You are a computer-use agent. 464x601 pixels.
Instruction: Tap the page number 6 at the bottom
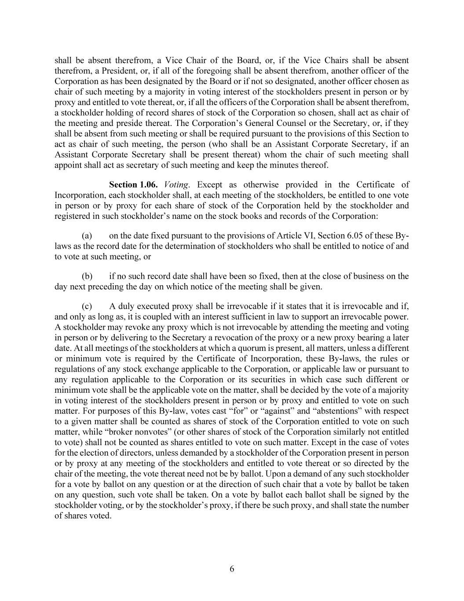pos(232,569)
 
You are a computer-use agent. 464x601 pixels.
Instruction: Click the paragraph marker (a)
pos(87,236)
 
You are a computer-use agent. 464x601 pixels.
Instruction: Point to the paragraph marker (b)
pos(87,277)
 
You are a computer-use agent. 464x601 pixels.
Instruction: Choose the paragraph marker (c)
pos(87,306)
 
